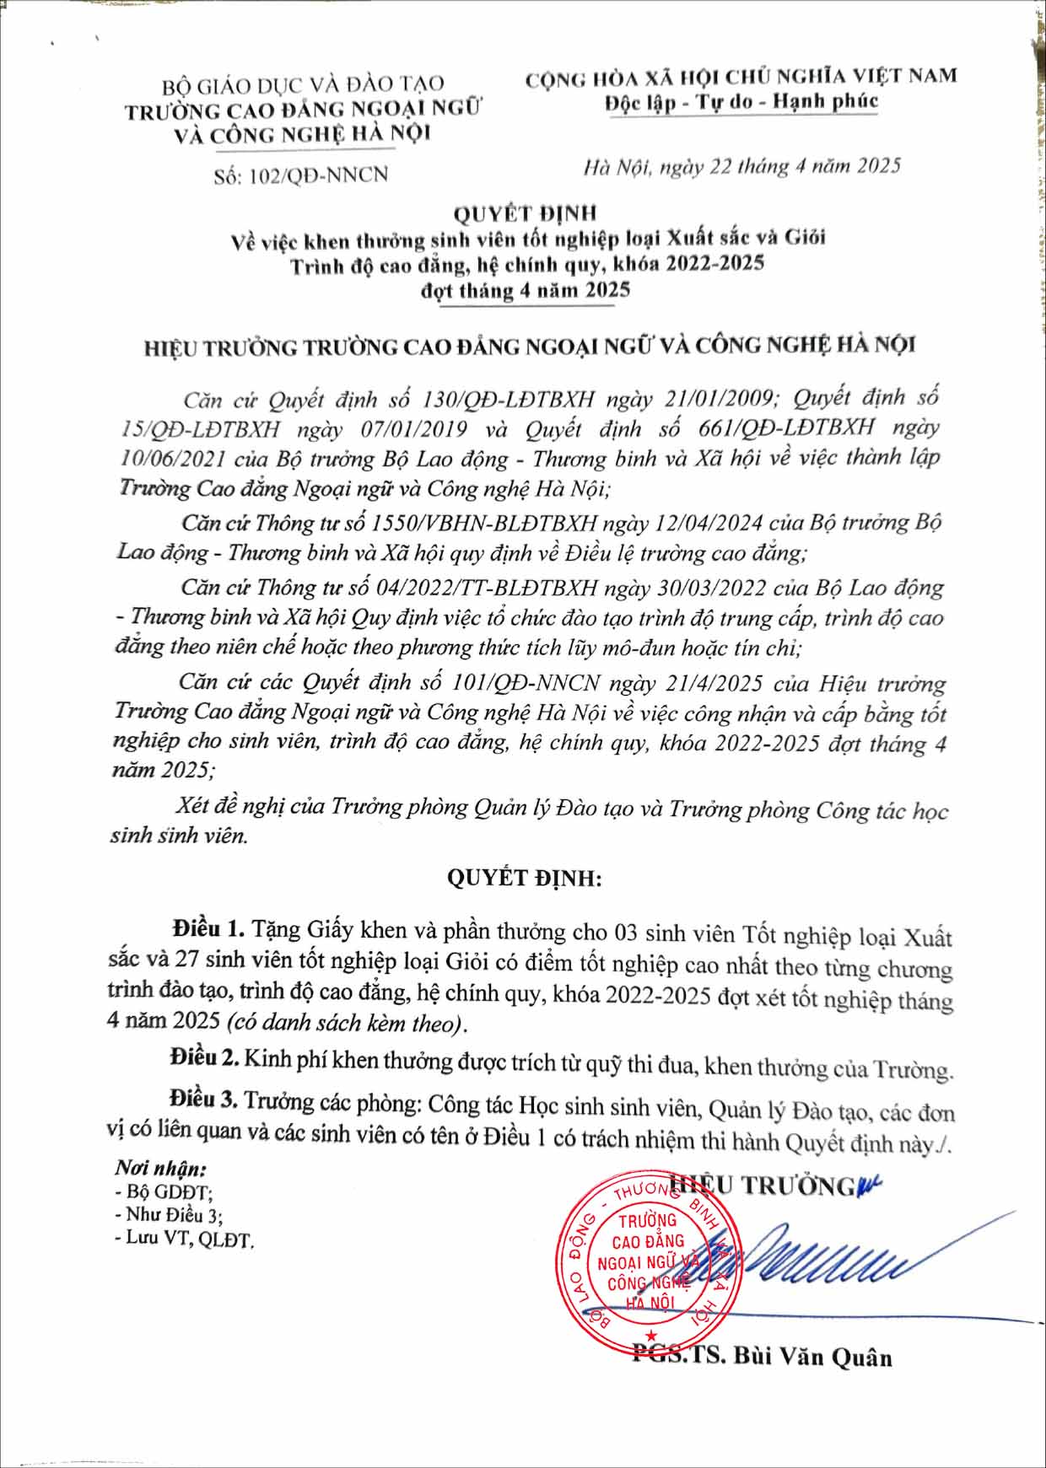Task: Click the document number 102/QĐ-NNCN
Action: coord(325,175)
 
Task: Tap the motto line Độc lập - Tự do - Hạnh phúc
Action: coord(741,102)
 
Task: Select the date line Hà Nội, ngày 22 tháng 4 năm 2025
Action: coord(741,166)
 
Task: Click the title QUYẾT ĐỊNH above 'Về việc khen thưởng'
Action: coord(525,214)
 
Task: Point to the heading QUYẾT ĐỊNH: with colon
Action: coord(524,878)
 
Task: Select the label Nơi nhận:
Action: coord(160,1170)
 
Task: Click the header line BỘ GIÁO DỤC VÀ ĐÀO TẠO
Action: coord(303,84)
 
